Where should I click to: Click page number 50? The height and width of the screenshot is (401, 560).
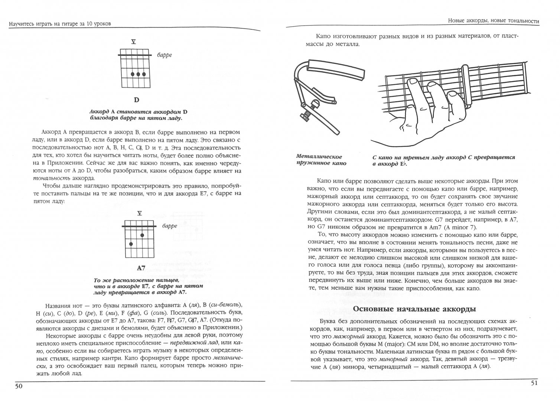pos(19,387)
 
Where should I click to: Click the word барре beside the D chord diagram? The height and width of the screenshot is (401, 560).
pos(165,55)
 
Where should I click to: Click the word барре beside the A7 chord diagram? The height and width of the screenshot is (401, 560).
pos(170,226)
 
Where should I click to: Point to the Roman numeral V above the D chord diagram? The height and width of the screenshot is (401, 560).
pos(134,42)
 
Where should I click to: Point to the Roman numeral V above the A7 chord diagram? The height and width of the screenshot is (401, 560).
pos(140,213)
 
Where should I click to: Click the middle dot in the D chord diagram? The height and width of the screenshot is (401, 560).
pos(138,74)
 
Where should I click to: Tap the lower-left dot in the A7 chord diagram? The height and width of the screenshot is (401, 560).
pos(131,244)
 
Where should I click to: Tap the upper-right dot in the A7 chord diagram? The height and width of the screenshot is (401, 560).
pos(142,235)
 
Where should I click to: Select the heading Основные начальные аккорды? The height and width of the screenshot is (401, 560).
pos(414,309)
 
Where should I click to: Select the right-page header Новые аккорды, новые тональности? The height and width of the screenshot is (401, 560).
pos(488,21)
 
